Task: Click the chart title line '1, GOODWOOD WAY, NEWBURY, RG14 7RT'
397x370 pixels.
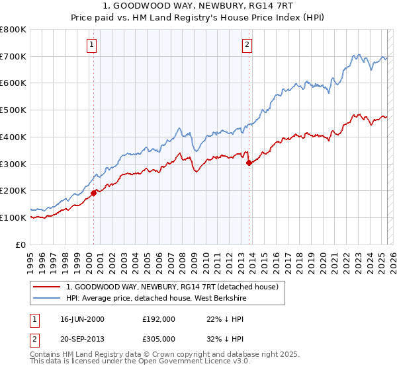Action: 198,8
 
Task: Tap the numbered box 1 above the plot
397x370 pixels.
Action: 91,45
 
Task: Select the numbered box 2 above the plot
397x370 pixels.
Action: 247,45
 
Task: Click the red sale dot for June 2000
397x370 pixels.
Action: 94,193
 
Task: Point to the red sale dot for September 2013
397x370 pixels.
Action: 249,163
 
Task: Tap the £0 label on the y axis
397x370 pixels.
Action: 21,244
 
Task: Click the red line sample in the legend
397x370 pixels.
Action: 47,287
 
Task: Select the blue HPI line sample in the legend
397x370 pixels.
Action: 47,298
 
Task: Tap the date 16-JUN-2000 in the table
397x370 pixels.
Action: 82,319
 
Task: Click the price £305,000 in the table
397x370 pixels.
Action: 159,338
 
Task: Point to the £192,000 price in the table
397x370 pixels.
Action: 159,319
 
